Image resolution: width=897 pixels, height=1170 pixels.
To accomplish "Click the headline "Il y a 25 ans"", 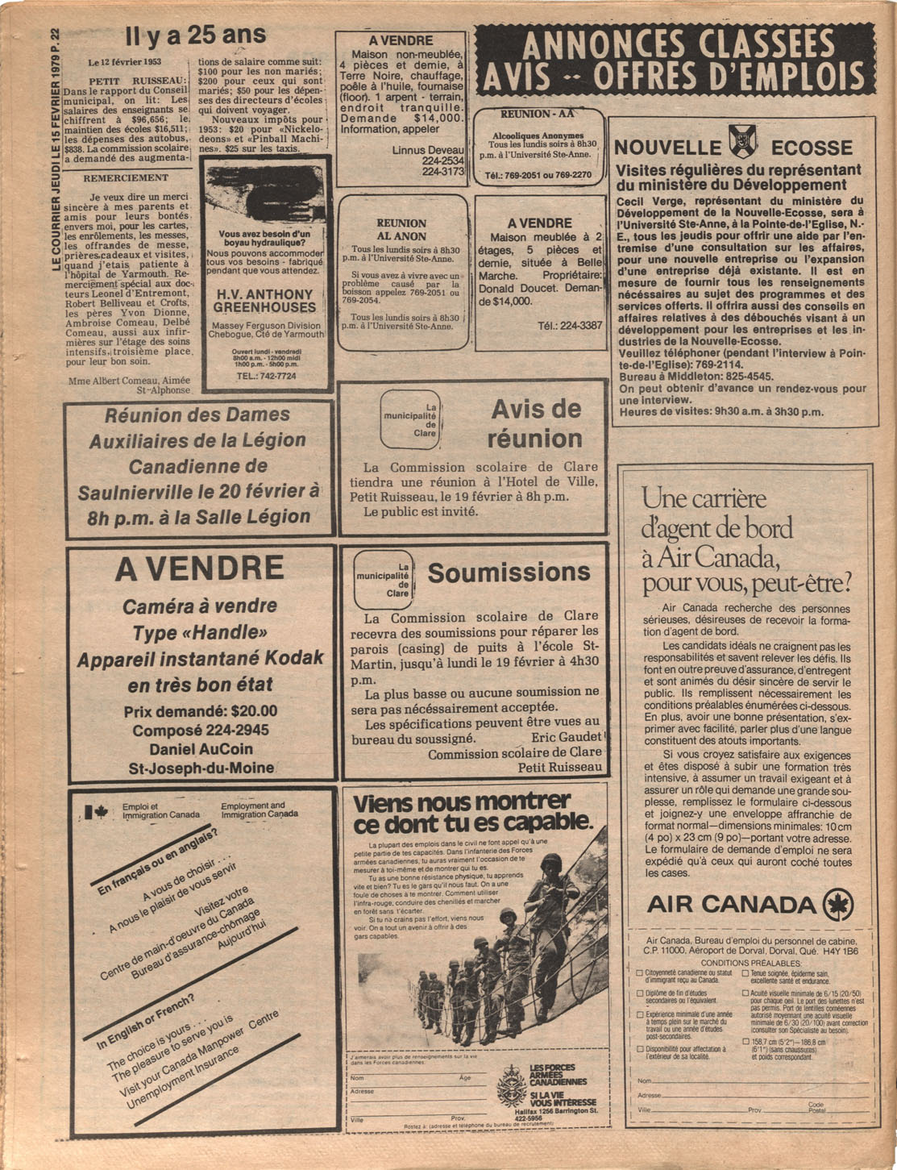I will pos(195,36).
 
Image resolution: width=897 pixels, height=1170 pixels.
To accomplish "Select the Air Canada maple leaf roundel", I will pos(838,905).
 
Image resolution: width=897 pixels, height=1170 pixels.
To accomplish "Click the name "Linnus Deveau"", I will pos(428,150).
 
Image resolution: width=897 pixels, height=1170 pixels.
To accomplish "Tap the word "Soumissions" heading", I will pos(509,573).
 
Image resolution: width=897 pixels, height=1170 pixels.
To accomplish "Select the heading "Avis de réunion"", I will pos(535,424).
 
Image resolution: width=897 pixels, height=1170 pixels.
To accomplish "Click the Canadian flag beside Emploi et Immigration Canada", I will pos(97,812).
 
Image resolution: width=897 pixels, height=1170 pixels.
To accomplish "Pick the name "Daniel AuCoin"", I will pos(201,749).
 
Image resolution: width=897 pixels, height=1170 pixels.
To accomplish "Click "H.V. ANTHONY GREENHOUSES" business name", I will pos(265,301).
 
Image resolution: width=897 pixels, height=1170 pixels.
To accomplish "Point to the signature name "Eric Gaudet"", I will pos(567,737).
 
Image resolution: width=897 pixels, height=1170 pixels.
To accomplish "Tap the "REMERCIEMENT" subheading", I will pos(127,177).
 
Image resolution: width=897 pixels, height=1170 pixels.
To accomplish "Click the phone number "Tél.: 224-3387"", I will pos(570,326).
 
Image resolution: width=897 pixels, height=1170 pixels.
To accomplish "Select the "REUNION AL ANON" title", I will pos(401,230).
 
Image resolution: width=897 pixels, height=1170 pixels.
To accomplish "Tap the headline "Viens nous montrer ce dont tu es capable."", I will pos(472,813).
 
